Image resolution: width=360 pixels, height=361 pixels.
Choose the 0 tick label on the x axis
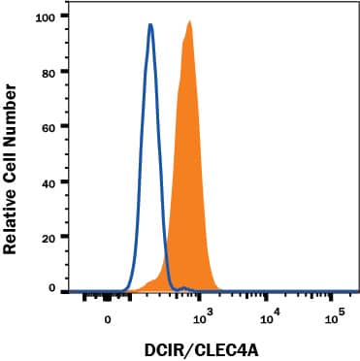(109, 317)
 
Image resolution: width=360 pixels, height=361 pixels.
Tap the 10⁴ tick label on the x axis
(269, 316)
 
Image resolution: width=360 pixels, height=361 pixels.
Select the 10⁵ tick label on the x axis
(334, 316)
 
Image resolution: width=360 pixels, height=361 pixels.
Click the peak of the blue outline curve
(150, 25)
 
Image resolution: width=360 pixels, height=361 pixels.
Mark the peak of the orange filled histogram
(189, 21)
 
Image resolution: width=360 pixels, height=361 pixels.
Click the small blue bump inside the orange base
(182, 287)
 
